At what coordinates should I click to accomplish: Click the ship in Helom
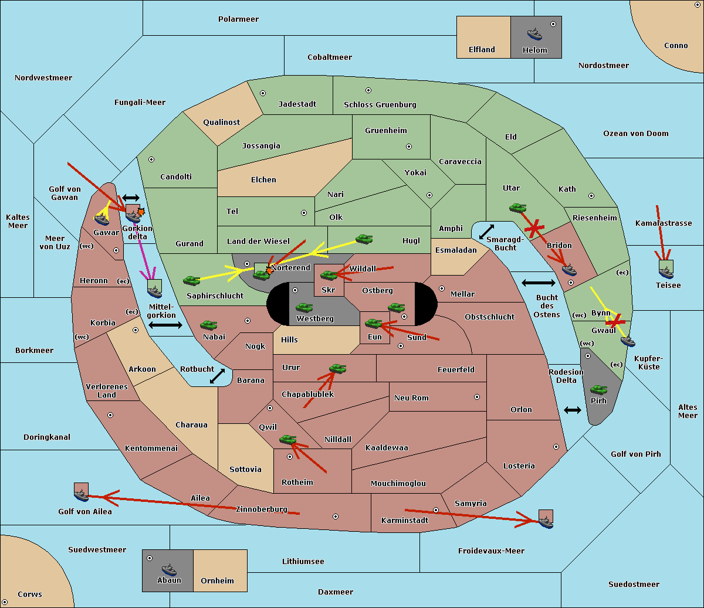534,34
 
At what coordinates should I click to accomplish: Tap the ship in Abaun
169,569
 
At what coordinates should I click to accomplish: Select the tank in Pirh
598,389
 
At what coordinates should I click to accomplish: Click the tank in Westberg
304,308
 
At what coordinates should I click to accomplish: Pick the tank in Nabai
208,325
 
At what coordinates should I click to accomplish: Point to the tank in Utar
517,208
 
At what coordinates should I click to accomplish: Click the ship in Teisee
666,273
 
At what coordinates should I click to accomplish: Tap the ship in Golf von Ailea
82,495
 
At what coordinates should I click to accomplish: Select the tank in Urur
337,369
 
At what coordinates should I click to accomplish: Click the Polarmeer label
238,19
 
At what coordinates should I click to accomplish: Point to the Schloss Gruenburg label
380,104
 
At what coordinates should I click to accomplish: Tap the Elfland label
482,49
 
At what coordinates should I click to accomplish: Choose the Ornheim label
217,580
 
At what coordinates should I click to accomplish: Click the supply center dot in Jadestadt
263,93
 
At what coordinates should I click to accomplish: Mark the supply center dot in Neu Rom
477,397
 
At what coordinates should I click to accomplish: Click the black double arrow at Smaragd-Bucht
486,232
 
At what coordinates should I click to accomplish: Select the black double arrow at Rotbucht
217,376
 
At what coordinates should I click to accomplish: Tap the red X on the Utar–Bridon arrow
534,229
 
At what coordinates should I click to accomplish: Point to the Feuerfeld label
456,369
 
